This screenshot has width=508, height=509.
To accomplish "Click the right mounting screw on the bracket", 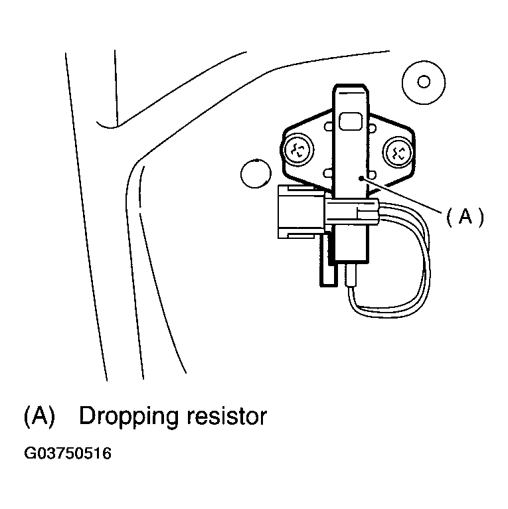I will [x=400, y=152].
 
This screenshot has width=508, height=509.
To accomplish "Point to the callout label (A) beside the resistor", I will [x=464, y=217].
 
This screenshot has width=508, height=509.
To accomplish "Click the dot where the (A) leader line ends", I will [x=360, y=178].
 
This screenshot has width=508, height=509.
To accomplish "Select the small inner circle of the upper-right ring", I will [x=423, y=82].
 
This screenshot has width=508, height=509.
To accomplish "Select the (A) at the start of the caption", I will [x=38, y=416].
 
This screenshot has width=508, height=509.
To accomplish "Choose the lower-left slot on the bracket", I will [x=327, y=174].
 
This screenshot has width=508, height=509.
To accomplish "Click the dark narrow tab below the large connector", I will [x=325, y=262].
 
